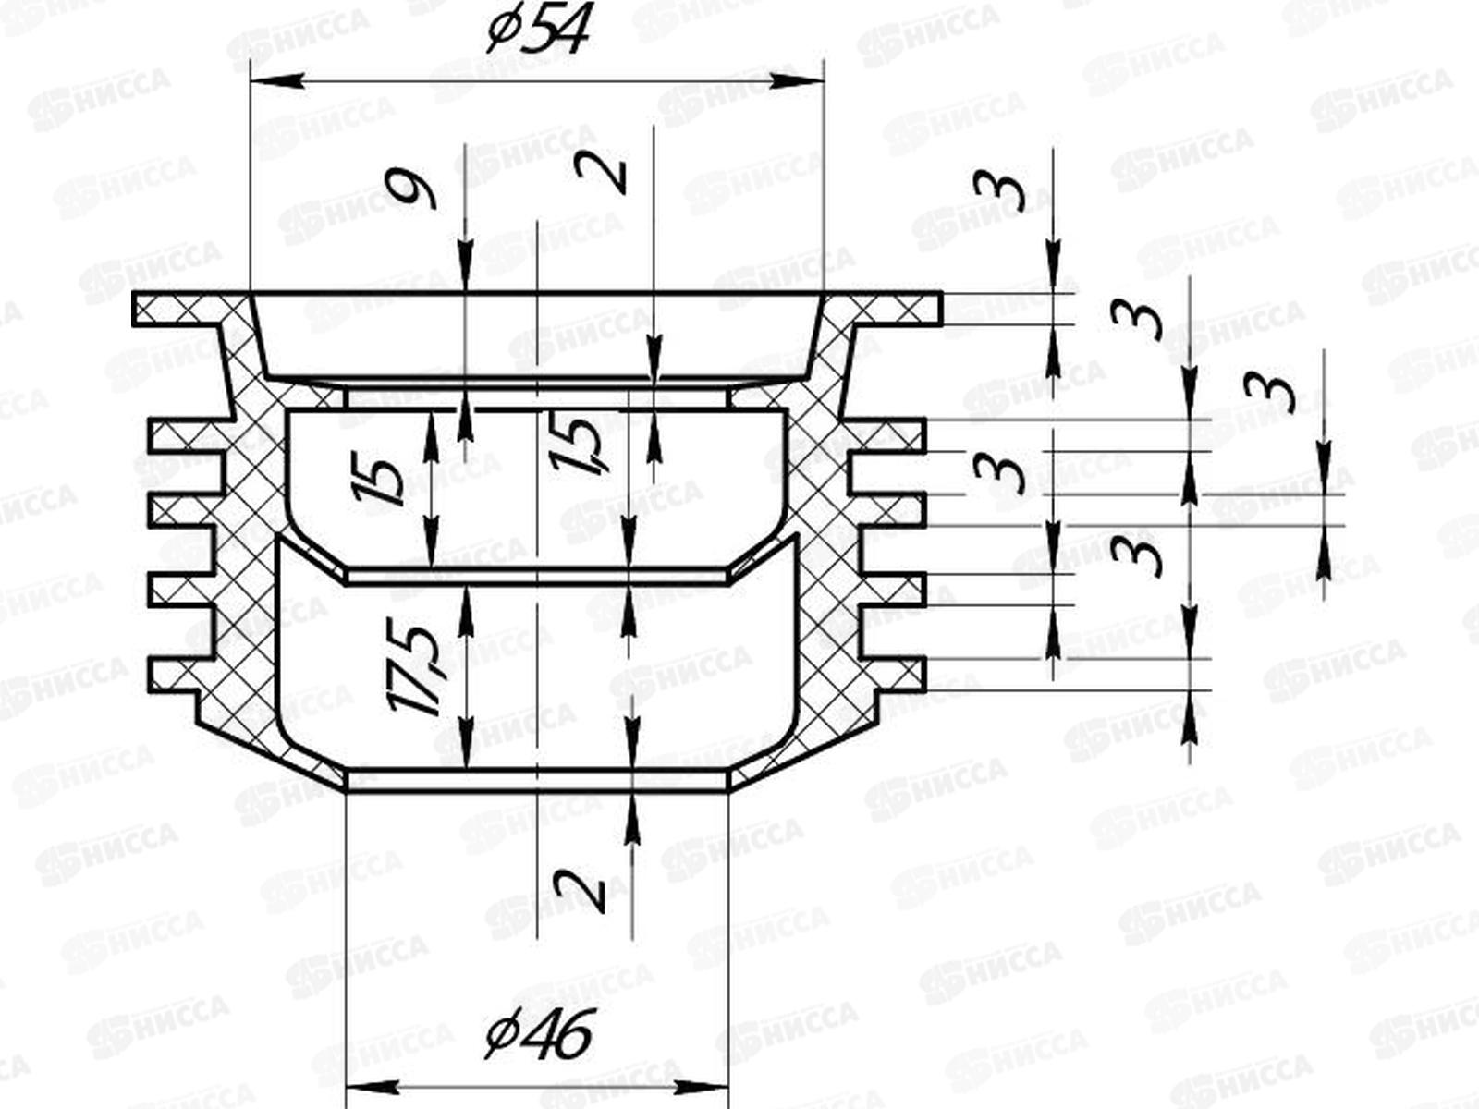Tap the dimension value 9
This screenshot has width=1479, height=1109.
coord(412,192)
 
